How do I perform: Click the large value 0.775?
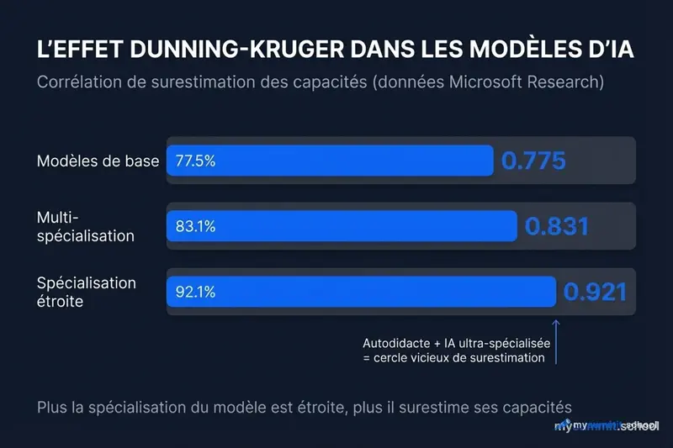click(533, 161)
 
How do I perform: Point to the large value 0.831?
click(556, 226)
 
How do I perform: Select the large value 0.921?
click(595, 292)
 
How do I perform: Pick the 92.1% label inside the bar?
click(195, 293)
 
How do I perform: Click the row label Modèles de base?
click(98, 161)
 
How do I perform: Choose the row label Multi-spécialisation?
click(85, 227)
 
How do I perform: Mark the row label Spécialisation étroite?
click(86, 292)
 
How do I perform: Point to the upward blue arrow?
click(556, 340)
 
